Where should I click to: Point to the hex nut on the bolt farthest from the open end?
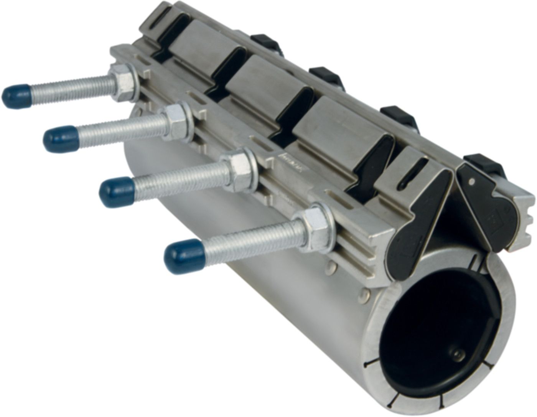tap(125, 81)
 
